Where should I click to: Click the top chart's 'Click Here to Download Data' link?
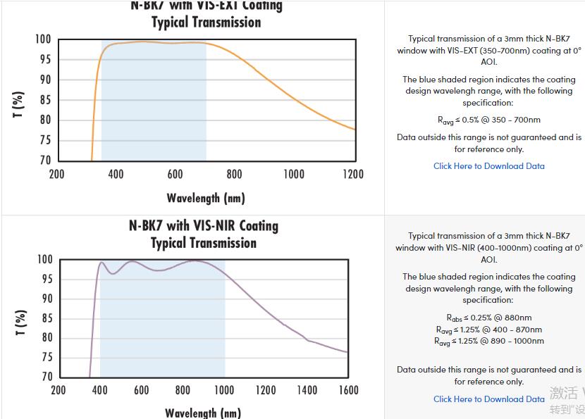488,166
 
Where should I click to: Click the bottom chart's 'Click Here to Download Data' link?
488,399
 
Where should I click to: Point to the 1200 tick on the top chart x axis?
353,175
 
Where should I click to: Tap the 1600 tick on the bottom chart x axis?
348,390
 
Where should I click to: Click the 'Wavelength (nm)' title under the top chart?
206,198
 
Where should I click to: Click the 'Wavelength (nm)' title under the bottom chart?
203,413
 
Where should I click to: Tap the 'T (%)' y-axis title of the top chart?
19,104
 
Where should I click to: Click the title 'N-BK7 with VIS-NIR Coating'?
204,226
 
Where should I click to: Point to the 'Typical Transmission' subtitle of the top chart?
206,23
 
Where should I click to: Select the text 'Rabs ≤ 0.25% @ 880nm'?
488,318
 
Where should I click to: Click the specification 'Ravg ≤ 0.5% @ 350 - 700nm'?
488,120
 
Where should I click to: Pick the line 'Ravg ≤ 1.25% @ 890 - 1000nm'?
488,342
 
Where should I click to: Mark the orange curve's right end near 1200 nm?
354,129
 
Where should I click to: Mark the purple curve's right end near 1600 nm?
347,352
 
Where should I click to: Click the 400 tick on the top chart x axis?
116,175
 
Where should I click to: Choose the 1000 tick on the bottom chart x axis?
224,390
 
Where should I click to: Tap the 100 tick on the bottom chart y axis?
44,260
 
